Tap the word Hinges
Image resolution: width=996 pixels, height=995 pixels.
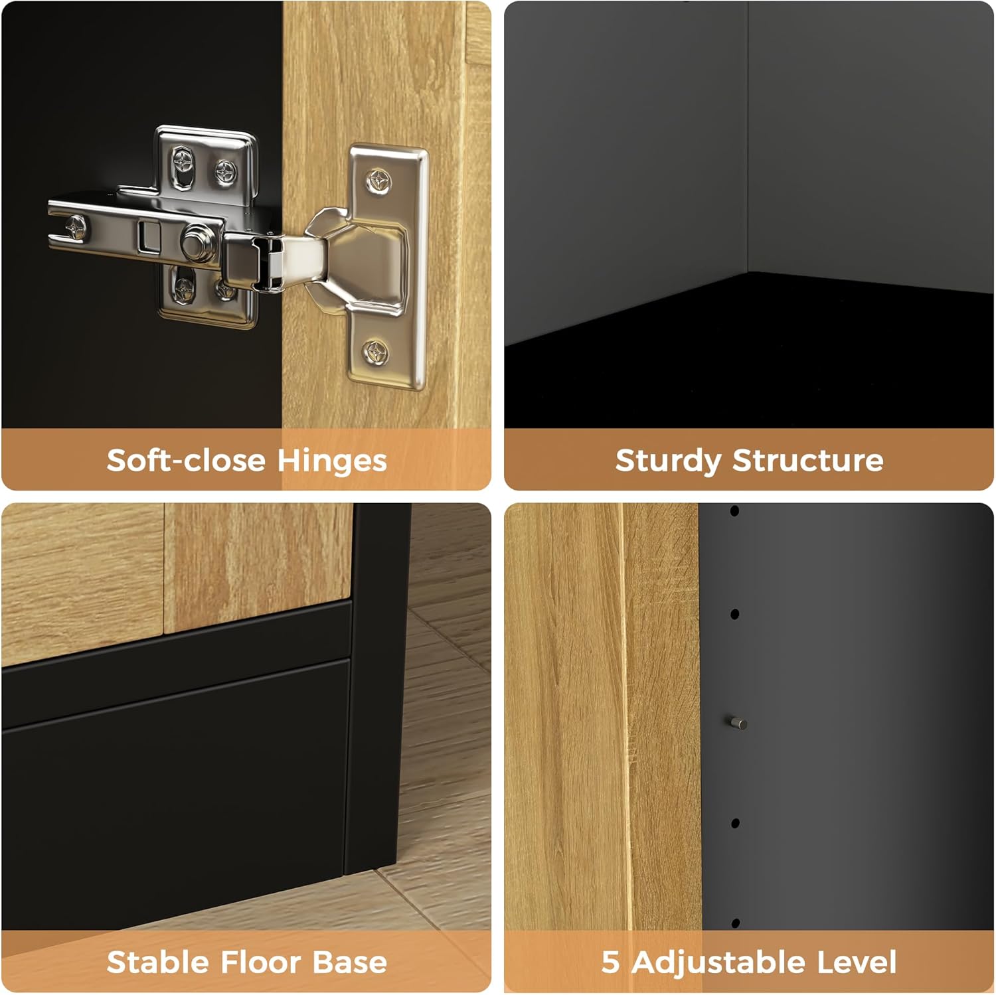pyautogui.click(x=331, y=461)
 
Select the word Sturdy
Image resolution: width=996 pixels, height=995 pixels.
pyautogui.click(x=667, y=461)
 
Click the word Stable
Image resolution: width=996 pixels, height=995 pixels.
pyautogui.click(x=157, y=962)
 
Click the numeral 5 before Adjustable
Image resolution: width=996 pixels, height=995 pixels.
pyautogui.click(x=610, y=962)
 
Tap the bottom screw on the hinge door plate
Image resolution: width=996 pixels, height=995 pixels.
pyautogui.click(x=376, y=350)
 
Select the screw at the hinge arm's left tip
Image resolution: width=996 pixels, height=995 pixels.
pyautogui.click(x=76, y=228)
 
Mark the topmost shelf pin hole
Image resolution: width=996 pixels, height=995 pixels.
pyautogui.click(x=734, y=511)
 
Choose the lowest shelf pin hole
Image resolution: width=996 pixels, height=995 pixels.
pyautogui.click(x=735, y=923)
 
